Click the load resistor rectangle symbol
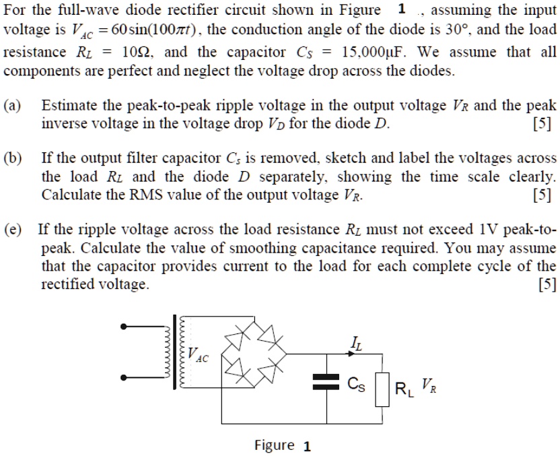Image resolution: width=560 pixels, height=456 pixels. (382, 390)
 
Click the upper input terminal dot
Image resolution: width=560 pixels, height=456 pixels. (124, 328)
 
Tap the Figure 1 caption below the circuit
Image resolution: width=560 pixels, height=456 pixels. (282, 445)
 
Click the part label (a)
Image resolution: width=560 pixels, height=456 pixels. (12, 106)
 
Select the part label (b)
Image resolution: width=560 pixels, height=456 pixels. (12, 159)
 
